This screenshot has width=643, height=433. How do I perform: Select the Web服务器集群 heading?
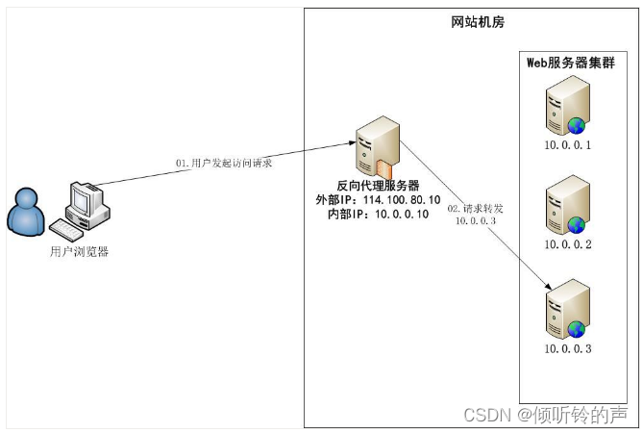click(570, 63)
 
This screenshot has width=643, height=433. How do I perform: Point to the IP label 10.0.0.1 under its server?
click(567, 145)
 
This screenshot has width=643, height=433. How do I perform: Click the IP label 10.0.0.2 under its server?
click(567, 245)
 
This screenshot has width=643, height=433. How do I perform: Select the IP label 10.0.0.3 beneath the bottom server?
click(567, 348)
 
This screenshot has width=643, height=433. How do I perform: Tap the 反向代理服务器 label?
click(378, 186)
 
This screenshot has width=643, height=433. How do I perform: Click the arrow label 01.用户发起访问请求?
click(224, 163)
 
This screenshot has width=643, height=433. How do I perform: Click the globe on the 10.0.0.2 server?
click(576, 224)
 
